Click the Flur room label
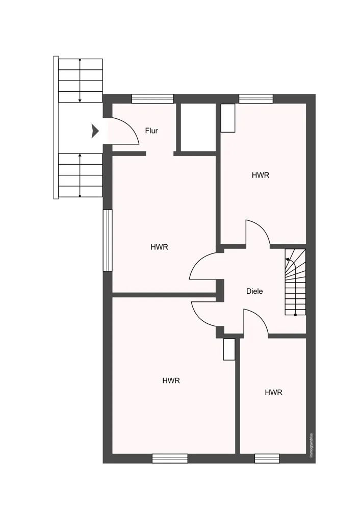click(151, 131)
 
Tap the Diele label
click(254, 291)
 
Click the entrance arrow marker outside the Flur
click(95, 131)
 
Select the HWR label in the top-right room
click(261, 175)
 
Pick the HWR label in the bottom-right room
click(273, 392)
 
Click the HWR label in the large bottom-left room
click(171, 380)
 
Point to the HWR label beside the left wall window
click(160, 247)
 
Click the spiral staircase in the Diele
click(295, 282)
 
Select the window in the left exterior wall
click(107, 240)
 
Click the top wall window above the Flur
click(152, 98)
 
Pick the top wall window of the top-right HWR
click(256, 98)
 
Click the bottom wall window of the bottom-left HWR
click(170, 458)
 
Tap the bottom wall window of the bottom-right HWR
click(267, 458)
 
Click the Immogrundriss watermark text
click(311, 445)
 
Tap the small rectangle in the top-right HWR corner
click(228, 118)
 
